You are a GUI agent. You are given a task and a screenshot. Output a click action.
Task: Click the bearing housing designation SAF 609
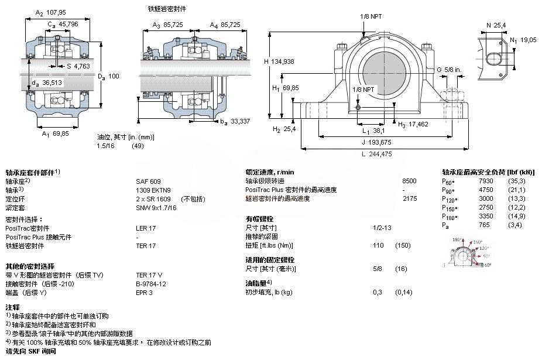[148, 181]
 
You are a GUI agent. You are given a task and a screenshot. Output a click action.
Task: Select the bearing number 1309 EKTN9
[153, 190]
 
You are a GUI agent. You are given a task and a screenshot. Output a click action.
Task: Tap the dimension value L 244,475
[376, 155]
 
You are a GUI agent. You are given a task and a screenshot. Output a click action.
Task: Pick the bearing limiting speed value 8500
[410, 181]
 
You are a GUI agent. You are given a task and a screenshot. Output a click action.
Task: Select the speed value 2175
[410, 199]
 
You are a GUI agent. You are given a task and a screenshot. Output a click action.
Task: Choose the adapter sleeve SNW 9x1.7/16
[156, 208]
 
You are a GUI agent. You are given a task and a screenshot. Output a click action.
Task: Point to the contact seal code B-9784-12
[151, 283]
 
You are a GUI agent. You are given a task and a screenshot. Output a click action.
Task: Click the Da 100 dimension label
[108, 76]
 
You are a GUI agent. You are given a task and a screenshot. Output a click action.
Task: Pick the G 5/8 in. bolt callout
[449, 70]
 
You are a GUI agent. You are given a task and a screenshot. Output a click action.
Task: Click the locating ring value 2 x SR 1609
[153, 199]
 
